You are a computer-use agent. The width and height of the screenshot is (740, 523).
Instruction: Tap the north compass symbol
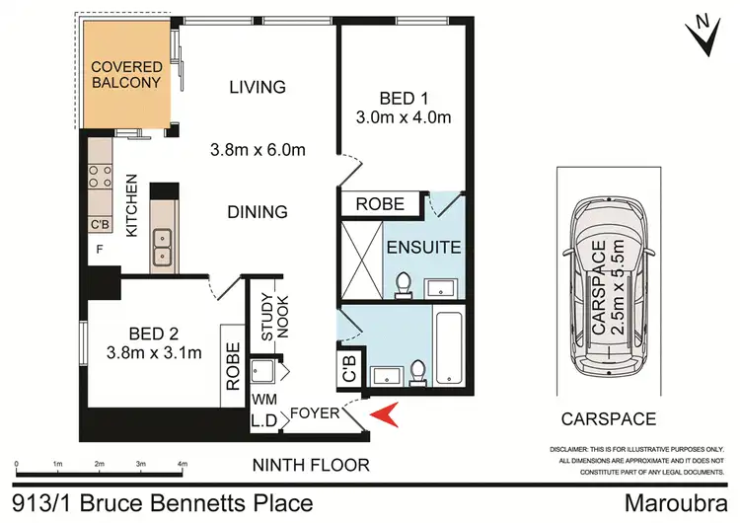(x=704, y=34)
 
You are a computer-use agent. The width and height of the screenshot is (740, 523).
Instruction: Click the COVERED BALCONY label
(x=124, y=75)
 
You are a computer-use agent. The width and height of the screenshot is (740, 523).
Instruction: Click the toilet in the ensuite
(x=404, y=284)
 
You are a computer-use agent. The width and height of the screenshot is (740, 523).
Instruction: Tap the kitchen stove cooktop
(x=100, y=176)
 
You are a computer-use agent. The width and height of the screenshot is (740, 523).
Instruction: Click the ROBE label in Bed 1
(x=379, y=204)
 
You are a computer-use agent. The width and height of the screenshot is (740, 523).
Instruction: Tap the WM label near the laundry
(x=262, y=401)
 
